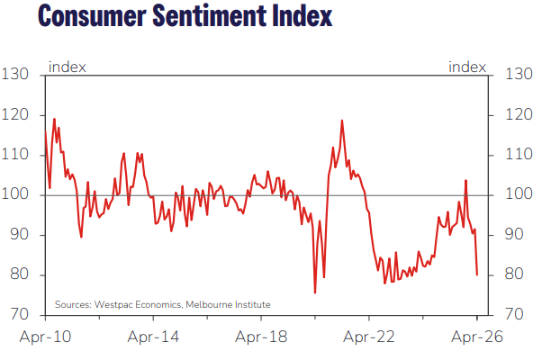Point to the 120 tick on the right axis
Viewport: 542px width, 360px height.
pos(520,115)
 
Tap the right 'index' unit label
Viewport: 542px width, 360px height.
pos(466,67)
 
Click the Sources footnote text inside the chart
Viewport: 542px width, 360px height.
pos(162,304)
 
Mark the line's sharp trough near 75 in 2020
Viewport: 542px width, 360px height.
pos(315,292)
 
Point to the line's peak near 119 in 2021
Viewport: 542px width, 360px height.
pos(342,120)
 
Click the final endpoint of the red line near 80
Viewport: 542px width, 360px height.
pos(477,274)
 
